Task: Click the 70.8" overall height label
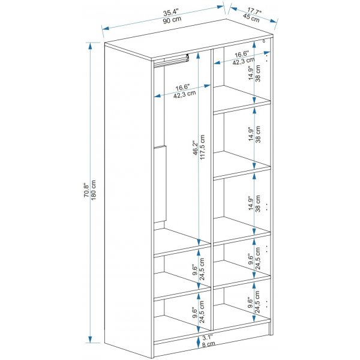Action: tap(86, 191)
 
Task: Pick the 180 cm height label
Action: tap(95, 191)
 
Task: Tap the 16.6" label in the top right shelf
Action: tap(242, 53)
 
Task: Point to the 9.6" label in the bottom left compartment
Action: tap(194, 312)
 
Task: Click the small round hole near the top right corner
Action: tap(264, 42)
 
